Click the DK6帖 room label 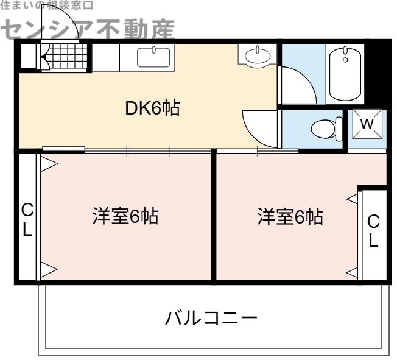click(152, 110)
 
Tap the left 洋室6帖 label click(125, 216)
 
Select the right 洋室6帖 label click(290, 216)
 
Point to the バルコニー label click(211, 318)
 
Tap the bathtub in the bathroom click(345, 73)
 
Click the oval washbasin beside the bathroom click(257, 57)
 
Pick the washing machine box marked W click(367, 124)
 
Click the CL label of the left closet click(27, 221)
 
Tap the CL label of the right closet click(373, 231)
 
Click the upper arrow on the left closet click(49, 163)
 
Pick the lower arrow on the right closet click(353, 272)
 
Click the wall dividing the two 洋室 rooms click(213, 216)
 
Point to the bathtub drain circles click(345, 57)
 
